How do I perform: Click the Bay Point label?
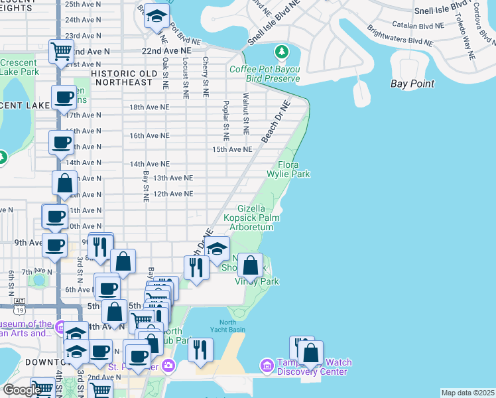412,84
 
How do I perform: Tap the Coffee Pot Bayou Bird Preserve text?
265,74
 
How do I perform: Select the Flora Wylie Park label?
293,169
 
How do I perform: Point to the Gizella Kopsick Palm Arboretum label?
251,218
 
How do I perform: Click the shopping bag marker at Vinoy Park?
250,266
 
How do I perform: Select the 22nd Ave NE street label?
162,50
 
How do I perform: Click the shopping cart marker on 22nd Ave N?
61,50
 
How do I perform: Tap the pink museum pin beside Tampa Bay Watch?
267,365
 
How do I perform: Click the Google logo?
21,390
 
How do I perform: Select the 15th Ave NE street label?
231,150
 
